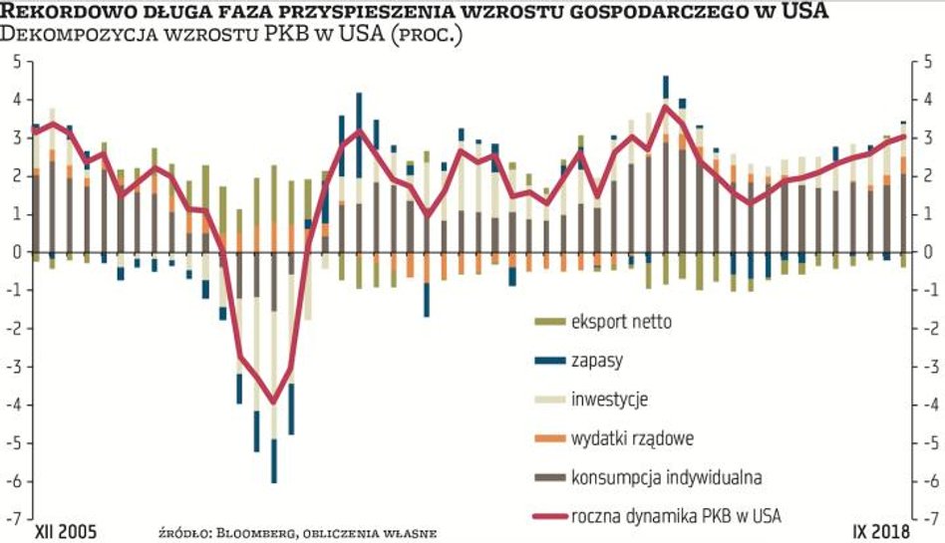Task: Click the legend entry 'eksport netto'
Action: click(x=621, y=322)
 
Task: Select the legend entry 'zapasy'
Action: click(x=597, y=361)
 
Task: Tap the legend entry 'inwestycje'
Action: click(x=609, y=400)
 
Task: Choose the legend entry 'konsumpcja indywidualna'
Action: click(x=666, y=477)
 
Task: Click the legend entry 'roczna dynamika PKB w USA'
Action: click(x=676, y=515)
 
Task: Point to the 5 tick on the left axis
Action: click(x=16, y=62)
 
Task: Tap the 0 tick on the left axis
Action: click(x=16, y=252)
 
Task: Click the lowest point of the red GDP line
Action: click(x=273, y=403)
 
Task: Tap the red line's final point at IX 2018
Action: click(x=903, y=136)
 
